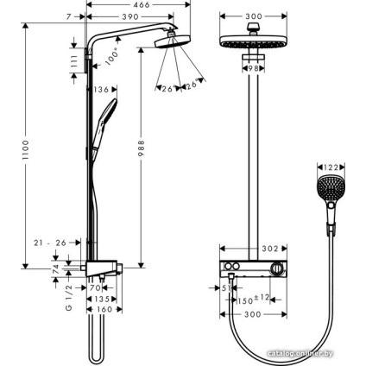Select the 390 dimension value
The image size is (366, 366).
pyautogui.click(x=132, y=17)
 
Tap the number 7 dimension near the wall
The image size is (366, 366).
pyautogui.click(x=68, y=17)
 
